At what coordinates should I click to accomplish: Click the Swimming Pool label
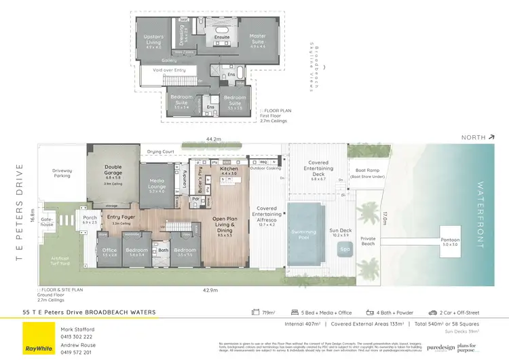point(303,232)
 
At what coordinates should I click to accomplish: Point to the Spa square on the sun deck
point(345,249)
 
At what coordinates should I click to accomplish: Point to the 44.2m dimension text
point(214,139)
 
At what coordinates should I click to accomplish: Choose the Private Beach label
point(368,241)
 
